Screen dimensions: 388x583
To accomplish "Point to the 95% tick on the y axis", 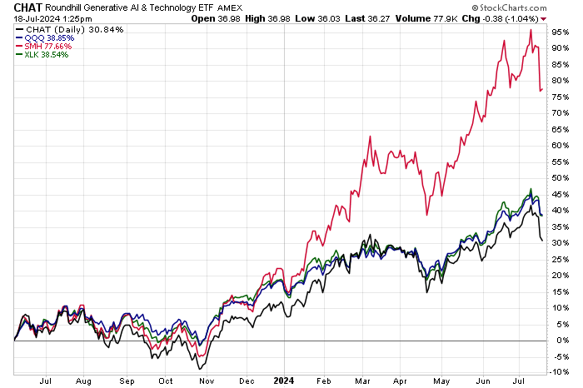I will (x=560, y=32).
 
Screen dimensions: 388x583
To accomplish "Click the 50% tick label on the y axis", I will (x=560, y=177).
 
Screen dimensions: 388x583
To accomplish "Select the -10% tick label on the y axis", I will (x=560, y=372).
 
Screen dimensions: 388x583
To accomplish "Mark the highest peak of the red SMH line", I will (x=531, y=30).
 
